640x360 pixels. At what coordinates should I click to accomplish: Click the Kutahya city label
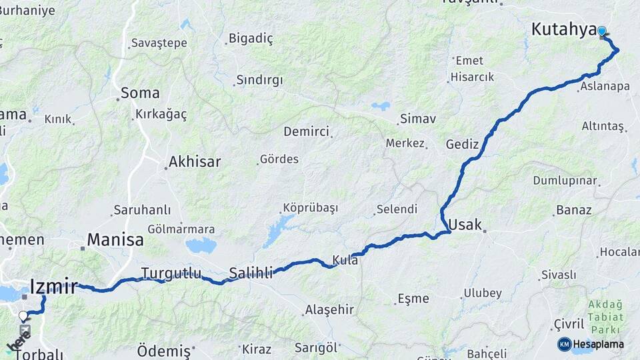pyautogui.click(x=563, y=30)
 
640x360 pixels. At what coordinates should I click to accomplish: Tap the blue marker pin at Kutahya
pyautogui.click(x=602, y=31)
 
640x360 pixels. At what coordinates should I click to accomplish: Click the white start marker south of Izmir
pyautogui.click(x=23, y=316)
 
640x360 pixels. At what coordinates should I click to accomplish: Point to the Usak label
pyautogui.click(x=465, y=225)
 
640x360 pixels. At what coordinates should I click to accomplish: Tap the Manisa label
pyautogui.click(x=115, y=240)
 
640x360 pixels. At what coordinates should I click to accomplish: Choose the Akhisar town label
pyautogui.click(x=195, y=161)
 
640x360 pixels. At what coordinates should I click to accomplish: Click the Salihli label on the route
pyautogui.click(x=251, y=273)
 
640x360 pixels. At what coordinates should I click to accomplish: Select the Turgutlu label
pyautogui.click(x=162, y=272)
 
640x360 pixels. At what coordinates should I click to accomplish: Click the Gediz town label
pyautogui.click(x=463, y=144)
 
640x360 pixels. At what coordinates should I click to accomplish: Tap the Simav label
pyautogui.click(x=417, y=119)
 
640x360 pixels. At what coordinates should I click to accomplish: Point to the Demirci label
pyautogui.click(x=307, y=131)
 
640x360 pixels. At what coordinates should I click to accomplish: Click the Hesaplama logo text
pyautogui.click(x=598, y=344)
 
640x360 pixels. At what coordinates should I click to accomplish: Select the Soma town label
pyautogui.click(x=140, y=93)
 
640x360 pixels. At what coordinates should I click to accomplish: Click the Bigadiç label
pyautogui.click(x=251, y=38)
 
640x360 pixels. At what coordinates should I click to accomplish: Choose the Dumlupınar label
pyautogui.click(x=565, y=181)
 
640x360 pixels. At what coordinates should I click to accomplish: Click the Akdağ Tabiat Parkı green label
pyautogui.click(x=605, y=317)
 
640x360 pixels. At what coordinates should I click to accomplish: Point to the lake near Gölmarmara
pyautogui.click(x=201, y=245)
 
